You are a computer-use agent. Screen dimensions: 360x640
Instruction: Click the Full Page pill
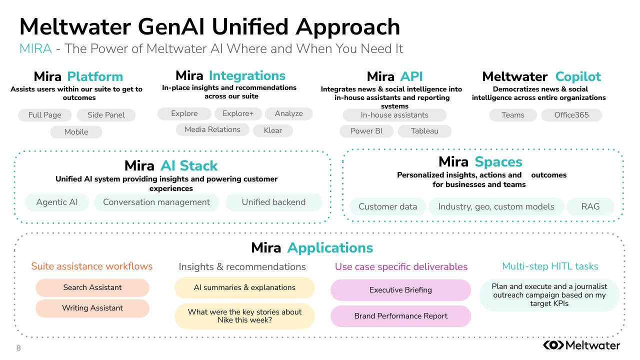(x=45, y=115)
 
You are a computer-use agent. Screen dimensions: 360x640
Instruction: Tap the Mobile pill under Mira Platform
(x=76, y=132)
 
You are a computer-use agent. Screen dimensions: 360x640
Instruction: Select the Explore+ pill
(x=238, y=113)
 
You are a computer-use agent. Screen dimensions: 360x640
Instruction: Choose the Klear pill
(x=272, y=130)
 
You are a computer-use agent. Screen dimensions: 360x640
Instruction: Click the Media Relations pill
(x=212, y=129)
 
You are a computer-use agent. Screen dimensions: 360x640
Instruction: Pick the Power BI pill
(x=366, y=131)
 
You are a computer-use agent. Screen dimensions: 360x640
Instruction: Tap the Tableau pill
(x=424, y=131)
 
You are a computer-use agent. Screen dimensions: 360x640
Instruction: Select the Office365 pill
(x=571, y=115)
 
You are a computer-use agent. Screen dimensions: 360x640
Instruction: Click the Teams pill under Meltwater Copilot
(x=513, y=115)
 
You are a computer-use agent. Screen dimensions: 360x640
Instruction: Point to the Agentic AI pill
(x=57, y=202)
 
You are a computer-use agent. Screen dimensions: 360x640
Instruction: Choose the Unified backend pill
(x=273, y=202)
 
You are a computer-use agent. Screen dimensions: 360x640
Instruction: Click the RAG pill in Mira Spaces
(x=590, y=206)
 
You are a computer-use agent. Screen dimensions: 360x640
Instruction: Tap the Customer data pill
(x=387, y=206)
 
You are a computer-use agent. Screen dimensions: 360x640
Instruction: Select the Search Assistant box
(x=92, y=287)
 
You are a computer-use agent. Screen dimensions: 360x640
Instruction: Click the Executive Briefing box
(x=400, y=290)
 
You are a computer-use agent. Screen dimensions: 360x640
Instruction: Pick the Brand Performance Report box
(x=400, y=316)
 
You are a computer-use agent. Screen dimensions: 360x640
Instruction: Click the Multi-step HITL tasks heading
(x=550, y=266)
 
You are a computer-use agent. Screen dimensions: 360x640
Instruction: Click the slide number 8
(x=18, y=348)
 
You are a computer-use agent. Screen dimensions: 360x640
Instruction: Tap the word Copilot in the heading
(x=578, y=76)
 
